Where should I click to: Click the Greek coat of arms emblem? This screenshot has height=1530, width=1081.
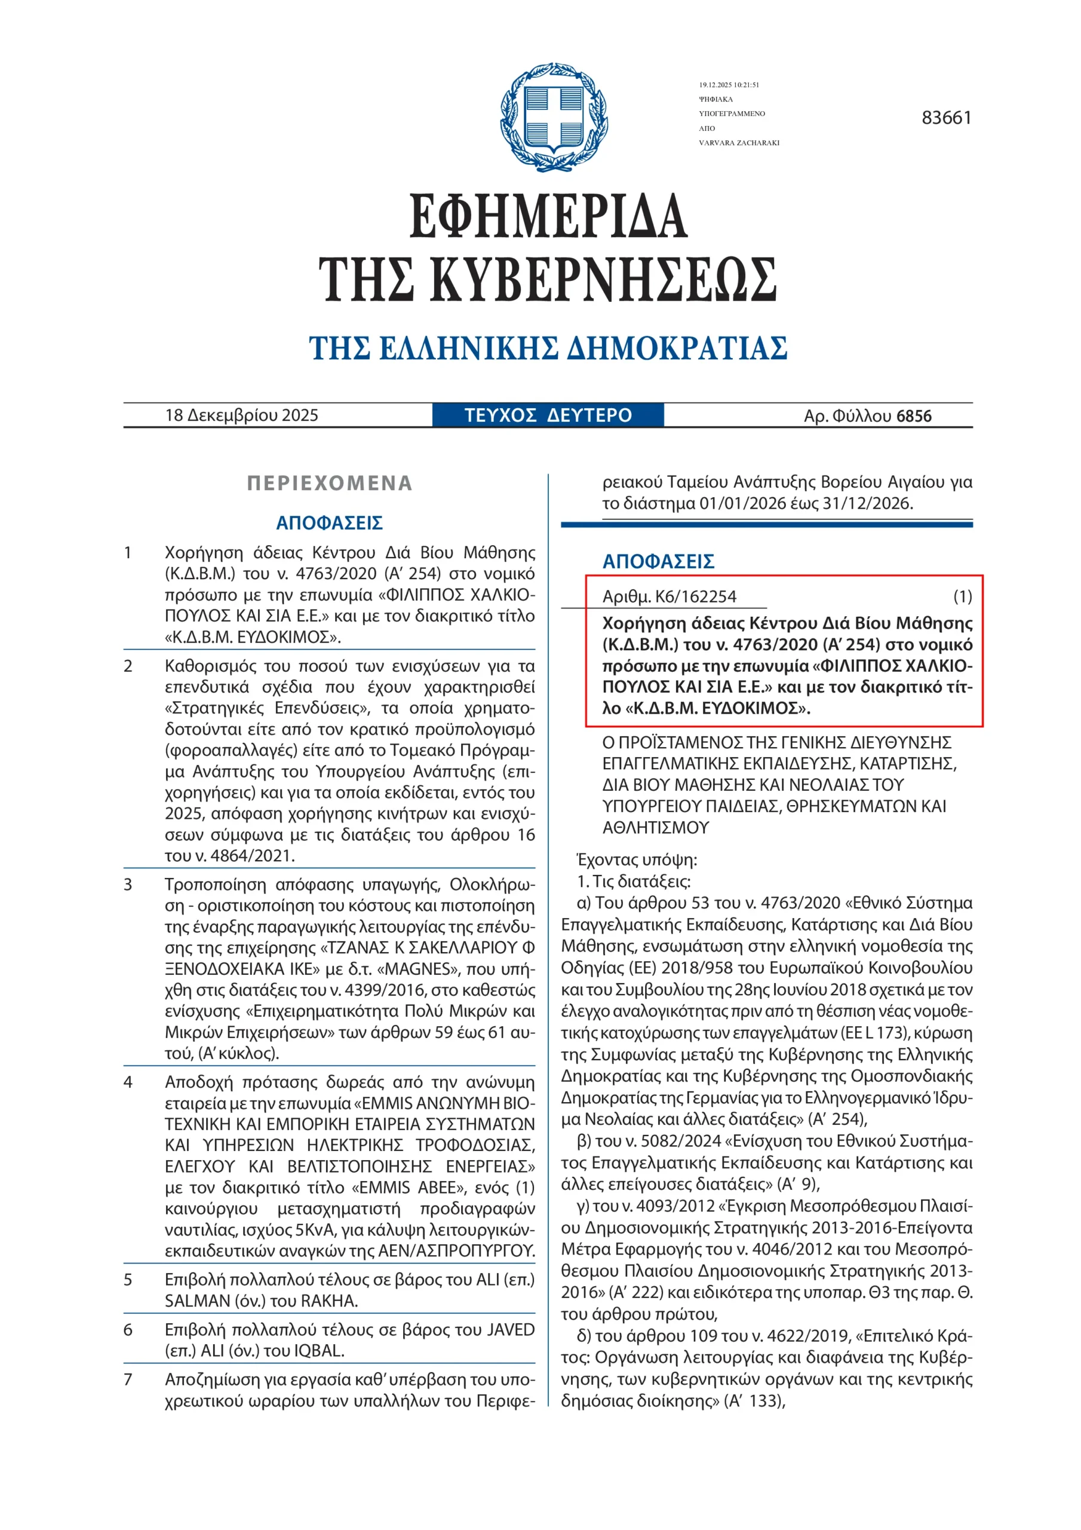click(x=554, y=117)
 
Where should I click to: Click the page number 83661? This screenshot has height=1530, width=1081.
click(x=946, y=118)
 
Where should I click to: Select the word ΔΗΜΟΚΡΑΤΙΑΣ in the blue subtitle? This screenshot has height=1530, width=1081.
click(x=677, y=348)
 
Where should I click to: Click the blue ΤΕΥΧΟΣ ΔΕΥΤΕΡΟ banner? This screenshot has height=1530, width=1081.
click(x=548, y=415)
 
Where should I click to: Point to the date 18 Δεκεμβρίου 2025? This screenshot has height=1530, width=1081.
click(x=242, y=415)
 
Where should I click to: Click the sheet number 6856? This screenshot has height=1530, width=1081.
click(x=914, y=416)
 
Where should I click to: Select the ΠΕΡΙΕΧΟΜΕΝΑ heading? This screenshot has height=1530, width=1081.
click(x=330, y=483)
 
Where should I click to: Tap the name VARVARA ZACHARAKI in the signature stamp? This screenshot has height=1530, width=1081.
click(x=739, y=143)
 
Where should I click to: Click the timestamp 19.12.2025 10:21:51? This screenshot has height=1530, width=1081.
click(x=729, y=85)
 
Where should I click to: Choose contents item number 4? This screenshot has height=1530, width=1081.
click(x=128, y=1082)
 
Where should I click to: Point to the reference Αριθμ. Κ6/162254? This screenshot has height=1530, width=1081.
click(x=670, y=596)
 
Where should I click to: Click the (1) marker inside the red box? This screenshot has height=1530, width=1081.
click(x=962, y=596)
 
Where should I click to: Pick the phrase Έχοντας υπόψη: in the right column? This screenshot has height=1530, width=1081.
click(x=636, y=859)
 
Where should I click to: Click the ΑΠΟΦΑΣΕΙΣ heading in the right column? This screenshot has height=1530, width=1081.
click(x=658, y=561)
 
